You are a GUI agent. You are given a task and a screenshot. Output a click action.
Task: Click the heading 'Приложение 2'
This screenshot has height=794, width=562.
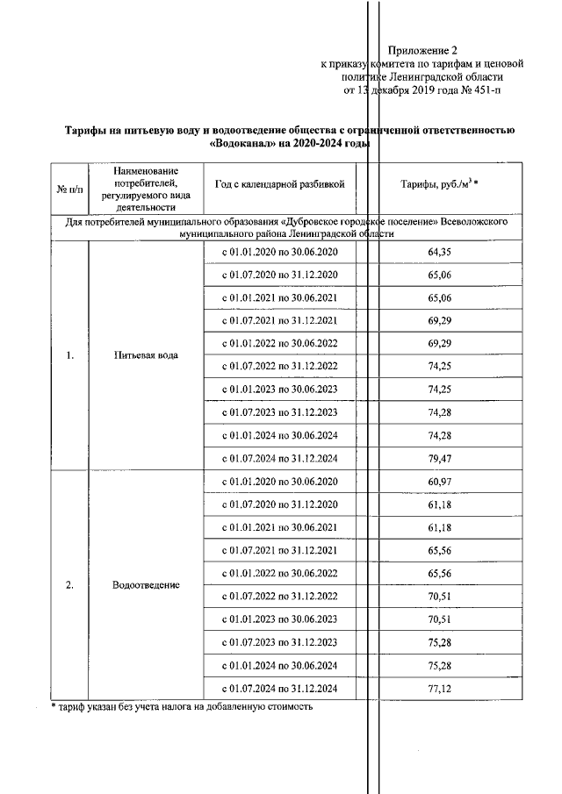tap(423, 50)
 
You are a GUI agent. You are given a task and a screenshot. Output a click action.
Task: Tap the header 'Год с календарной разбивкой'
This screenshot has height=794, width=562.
tap(279, 183)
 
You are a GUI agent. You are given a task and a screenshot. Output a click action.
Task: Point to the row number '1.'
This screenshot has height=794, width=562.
tap(69, 355)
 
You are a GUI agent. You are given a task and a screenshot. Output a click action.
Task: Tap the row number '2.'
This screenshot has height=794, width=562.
tap(69, 584)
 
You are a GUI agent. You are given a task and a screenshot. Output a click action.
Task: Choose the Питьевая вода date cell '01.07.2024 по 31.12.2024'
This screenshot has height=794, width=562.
tap(279, 458)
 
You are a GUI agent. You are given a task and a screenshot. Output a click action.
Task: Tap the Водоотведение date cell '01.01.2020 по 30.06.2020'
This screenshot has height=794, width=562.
tap(279, 482)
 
